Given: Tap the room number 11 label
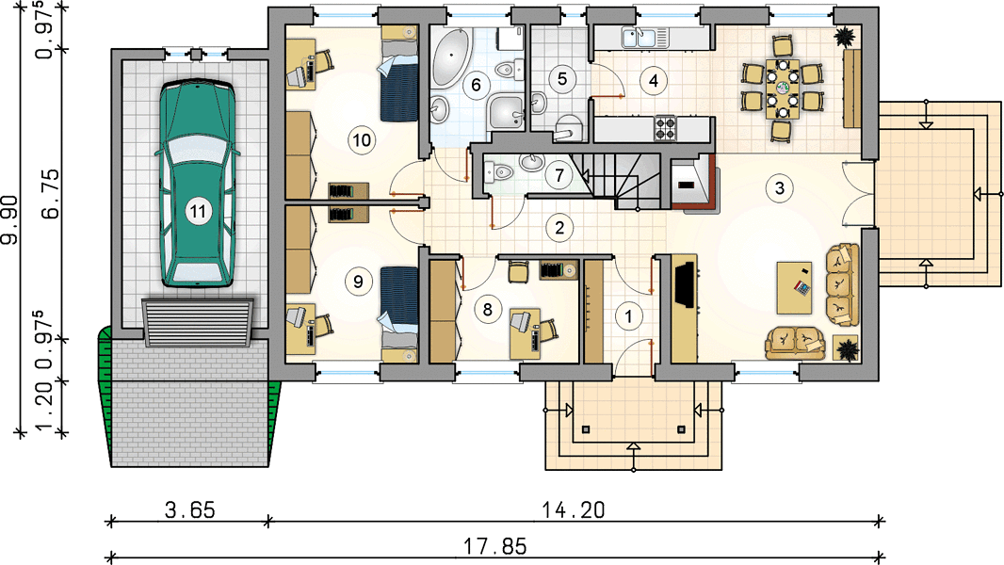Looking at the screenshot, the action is [198, 211].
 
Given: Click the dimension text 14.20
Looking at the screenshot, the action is [573, 510].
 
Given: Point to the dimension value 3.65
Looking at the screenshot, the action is [190, 510].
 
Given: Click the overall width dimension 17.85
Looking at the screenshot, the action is [495, 546].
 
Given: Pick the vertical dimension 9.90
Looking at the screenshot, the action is [11, 220].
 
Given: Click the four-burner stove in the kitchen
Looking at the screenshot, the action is [664, 127].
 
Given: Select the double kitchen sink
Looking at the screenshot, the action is [643, 38].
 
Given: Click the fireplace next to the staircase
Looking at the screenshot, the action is [691, 184].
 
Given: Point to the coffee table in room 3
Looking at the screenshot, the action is [794, 287].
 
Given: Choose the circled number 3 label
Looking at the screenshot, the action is [779, 188].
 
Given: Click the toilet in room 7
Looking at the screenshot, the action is [499, 171].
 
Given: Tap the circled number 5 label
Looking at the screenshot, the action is [561, 79].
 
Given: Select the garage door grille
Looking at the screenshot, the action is [198, 322].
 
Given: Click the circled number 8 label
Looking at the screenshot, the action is [487, 310].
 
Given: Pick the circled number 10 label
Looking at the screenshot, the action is [362, 139].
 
